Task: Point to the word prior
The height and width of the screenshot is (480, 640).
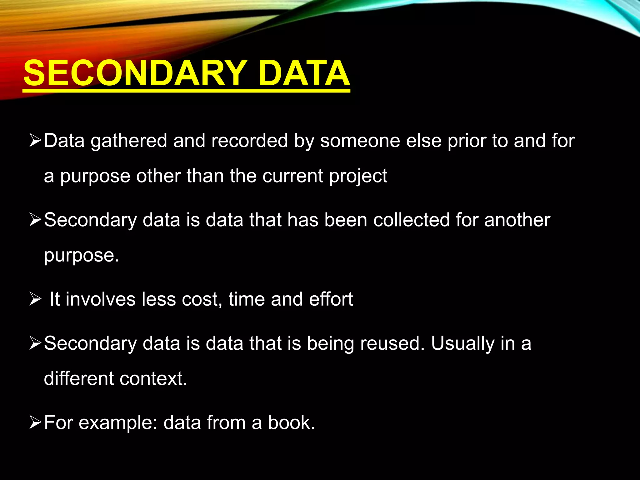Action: click(467, 141)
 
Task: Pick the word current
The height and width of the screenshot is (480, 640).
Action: click(292, 176)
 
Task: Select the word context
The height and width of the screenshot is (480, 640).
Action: click(153, 378)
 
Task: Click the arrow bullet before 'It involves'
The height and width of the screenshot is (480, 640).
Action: click(35, 299)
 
